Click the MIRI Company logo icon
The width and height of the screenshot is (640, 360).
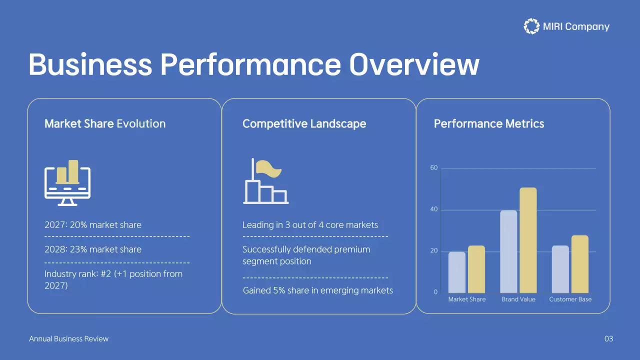coord(531,26)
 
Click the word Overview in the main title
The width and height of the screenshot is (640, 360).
coord(414,65)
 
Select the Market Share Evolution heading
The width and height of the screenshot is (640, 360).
coord(105,123)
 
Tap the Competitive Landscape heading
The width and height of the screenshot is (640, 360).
coord(304,123)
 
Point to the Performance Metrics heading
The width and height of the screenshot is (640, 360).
coord(488,123)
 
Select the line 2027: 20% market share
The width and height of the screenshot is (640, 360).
coord(93,225)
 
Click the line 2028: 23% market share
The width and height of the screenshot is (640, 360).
coord(93,249)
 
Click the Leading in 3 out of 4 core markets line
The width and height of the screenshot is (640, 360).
coord(310,225)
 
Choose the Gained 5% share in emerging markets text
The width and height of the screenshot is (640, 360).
coord(317,290)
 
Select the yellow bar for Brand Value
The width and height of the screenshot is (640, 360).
coord(528,240)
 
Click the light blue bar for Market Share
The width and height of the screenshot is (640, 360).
coord(456,272)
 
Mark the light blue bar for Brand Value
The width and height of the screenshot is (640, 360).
coord(508,251)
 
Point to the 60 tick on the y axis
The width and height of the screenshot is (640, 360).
coord(433,168)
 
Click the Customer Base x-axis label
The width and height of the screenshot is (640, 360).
coord(570,299)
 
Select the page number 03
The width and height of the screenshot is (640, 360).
coord(608,339)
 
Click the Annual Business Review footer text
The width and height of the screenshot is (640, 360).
coord(68,339)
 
